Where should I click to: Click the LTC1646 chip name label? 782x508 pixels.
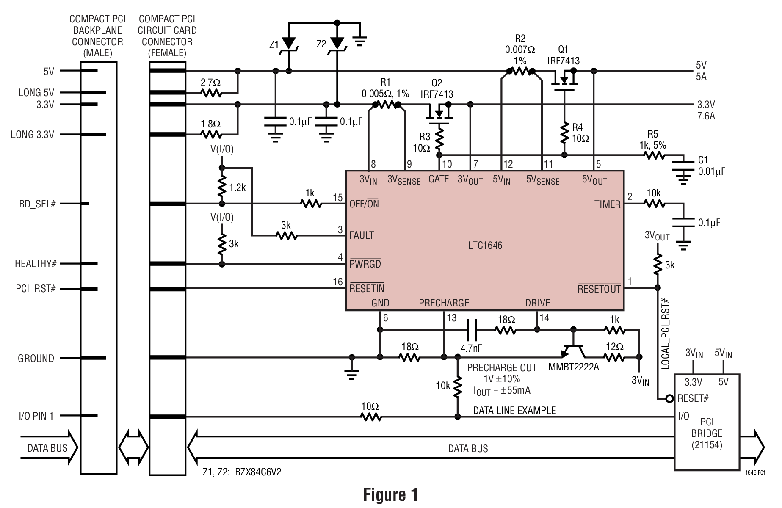click(485, 246)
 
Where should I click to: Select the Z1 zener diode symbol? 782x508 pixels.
click(289, 44)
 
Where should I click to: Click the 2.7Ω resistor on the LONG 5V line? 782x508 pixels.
click(211, 93)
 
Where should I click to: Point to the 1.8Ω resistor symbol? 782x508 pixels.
click(211, 135)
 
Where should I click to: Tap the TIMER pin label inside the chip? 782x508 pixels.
click(607, 204)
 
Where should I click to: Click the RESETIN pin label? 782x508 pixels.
click(367, 289)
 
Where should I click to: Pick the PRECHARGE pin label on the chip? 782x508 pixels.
click(444, 303)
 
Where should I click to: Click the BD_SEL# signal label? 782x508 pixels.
click(37, 204)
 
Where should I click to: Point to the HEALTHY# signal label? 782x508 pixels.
click(36, 264)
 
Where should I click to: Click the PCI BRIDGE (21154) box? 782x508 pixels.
click(707, 428)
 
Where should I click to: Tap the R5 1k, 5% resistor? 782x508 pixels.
click(654, 156)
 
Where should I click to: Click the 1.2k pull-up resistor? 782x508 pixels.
click(222, 188)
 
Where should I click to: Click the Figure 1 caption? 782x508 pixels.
click(390, 494)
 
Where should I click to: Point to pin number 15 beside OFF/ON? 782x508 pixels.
click(337, 198)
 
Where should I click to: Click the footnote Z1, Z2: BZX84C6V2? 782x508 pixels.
click(242, 472)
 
